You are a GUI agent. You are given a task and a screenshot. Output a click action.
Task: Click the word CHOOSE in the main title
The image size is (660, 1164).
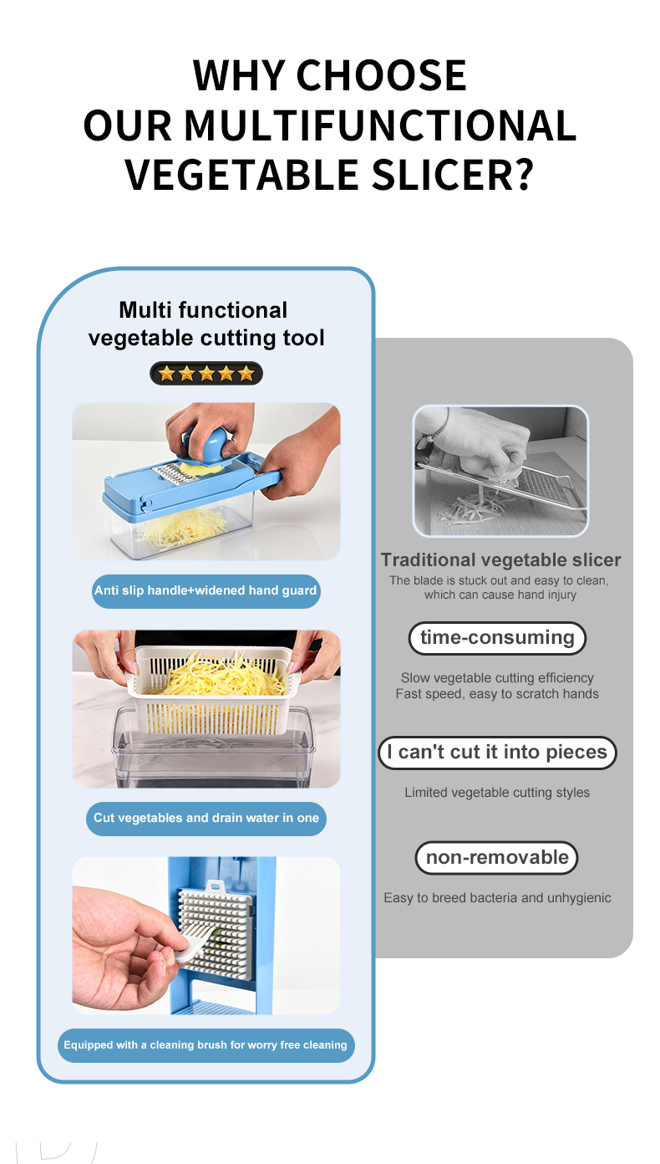381,76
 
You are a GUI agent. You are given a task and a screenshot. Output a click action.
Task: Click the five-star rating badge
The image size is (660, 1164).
206,373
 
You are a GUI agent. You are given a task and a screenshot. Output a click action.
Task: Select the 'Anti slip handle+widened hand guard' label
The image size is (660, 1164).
206,591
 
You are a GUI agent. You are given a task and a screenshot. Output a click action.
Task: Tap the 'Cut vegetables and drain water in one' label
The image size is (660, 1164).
206,819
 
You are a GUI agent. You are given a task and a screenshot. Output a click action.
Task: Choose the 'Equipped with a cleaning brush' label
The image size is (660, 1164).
206,1045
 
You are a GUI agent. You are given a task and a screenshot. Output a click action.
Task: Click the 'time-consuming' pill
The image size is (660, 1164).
497,638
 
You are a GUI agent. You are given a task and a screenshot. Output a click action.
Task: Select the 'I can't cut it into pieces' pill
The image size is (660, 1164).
497,753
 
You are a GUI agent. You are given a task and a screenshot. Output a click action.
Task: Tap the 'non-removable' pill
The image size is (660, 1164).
497,858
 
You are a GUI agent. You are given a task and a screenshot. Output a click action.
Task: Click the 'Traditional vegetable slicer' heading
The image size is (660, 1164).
500,559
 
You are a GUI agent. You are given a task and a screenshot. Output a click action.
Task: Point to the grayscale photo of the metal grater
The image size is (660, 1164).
500,471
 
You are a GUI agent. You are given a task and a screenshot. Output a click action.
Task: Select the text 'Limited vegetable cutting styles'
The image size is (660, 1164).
497,793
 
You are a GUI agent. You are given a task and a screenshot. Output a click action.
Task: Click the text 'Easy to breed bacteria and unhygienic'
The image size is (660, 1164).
497,898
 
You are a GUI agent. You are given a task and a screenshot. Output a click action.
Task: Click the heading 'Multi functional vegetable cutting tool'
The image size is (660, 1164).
206,324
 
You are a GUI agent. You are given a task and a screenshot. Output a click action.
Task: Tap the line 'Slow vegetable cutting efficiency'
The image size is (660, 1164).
497,677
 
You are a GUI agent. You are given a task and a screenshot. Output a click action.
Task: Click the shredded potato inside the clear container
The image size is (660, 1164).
182,528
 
